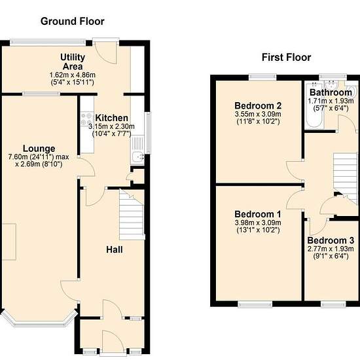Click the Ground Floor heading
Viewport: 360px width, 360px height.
pyautogui.click(x=72, y=22)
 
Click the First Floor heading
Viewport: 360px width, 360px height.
pyautogui.click(x=286, y=57)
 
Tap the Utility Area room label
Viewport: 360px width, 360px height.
pyautogui.click(x=73, y=62)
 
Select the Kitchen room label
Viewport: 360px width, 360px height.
pyautogui.click(x=111, y=118)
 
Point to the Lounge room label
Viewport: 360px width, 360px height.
pyautogui.click(x=39, y=149)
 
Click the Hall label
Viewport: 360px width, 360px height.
pyautogui.click(x=115, y=249)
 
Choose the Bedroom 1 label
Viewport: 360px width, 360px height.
pyautogui.click(x=258, y=214)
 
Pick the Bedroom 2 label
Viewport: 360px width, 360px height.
pyautogui.click(x=258, y=105)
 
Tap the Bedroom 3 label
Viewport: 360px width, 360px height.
pyautogui.click(x=331, y=240)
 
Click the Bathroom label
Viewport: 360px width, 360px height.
pyautogui.click(x=331, y=92)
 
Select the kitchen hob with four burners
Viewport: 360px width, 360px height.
pyautogui.click(x=86, y=119)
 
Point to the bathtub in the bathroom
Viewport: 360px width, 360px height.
pyautogui.click(x=314, y=105)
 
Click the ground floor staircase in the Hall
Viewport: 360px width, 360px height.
pyautogui.click(x=132, y=215)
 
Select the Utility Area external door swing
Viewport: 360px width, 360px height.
pyautogui.click(x=106, y=53)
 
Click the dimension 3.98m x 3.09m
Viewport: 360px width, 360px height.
pyautogui.click(x=258, y=223)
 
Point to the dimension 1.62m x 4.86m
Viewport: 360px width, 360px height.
pyautogui.click(x=73, y=75)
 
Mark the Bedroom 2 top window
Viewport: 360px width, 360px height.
pyautogui.click(x=262, y=77)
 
